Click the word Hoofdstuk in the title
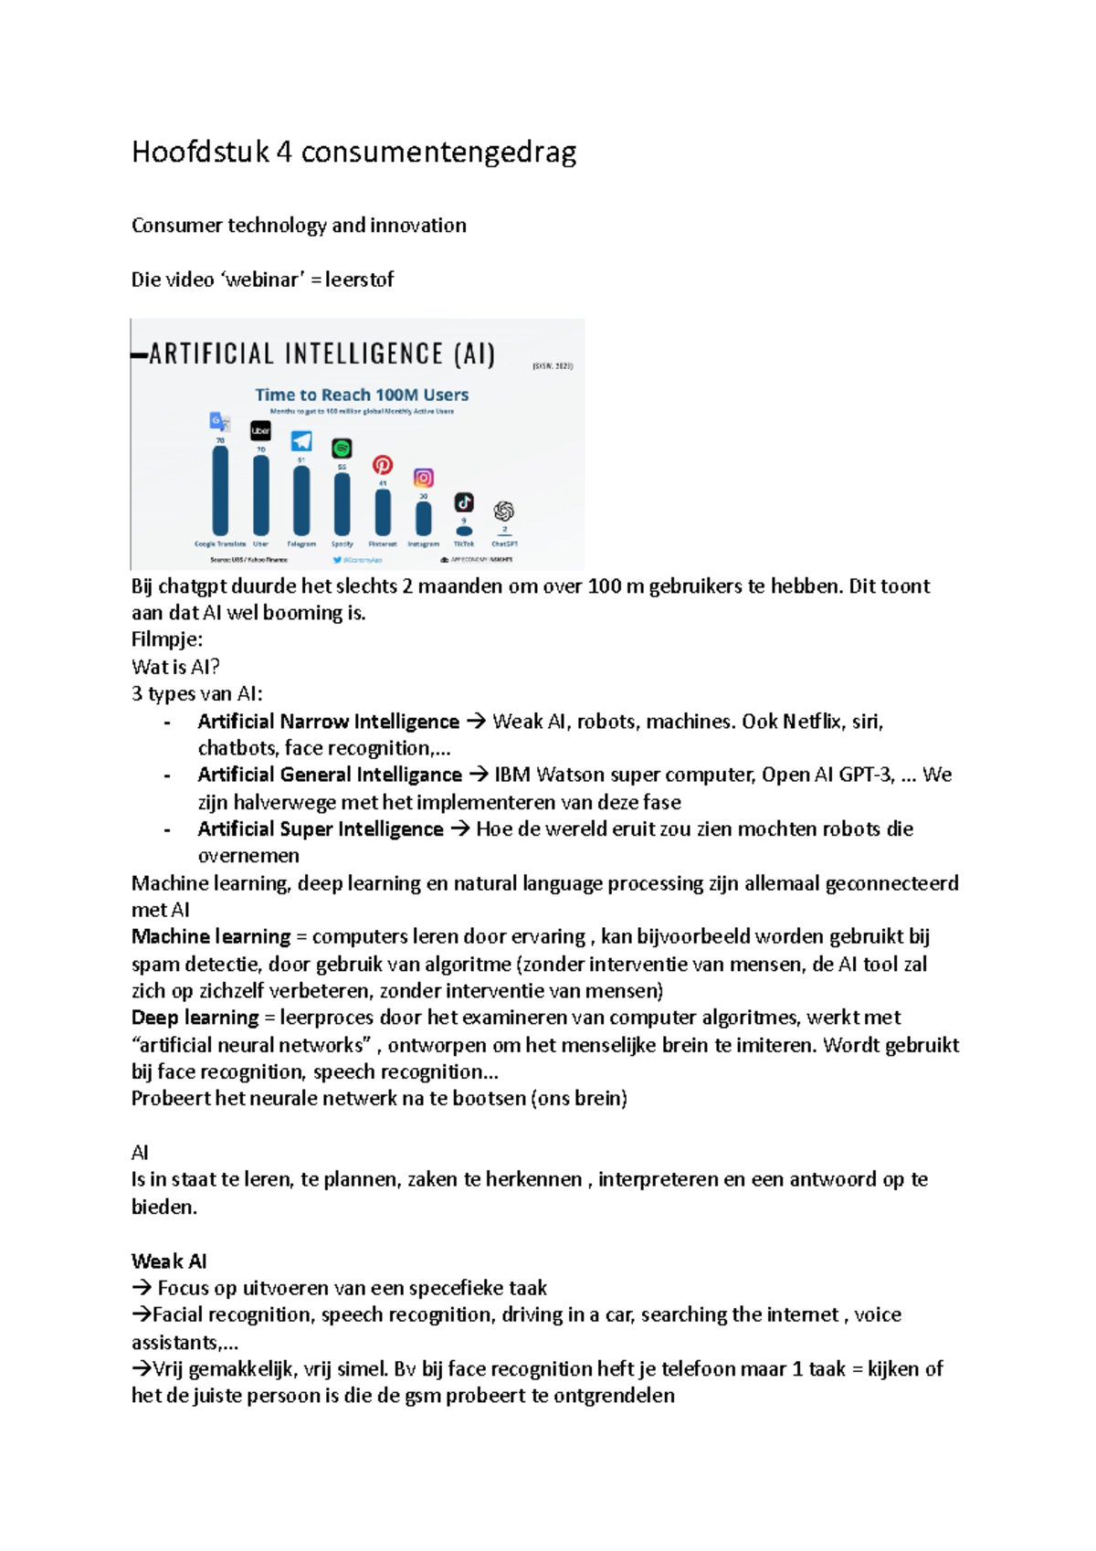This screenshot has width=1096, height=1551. pos(200,152)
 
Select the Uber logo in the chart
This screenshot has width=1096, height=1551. pos(260,430)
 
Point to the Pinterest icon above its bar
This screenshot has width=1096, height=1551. pos(383,465)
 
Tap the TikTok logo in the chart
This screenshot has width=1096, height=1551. pos(464,502)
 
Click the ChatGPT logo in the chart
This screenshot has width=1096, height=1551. pos(504,511)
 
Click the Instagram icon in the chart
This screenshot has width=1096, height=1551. pos(423,478)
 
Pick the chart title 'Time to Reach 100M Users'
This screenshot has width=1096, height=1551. pos(362,395)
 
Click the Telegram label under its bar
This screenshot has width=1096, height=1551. pos(301,543)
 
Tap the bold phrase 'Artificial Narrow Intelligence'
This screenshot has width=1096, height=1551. pos(328,722)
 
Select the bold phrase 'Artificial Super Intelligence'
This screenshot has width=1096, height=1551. pos(320,829)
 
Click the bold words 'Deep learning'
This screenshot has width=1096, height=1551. pos(195,1018)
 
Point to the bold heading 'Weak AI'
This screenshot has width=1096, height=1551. pos(169,1261)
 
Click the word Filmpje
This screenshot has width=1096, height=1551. pos(166,639)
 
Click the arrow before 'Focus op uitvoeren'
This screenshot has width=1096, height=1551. pos(142,1288)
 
